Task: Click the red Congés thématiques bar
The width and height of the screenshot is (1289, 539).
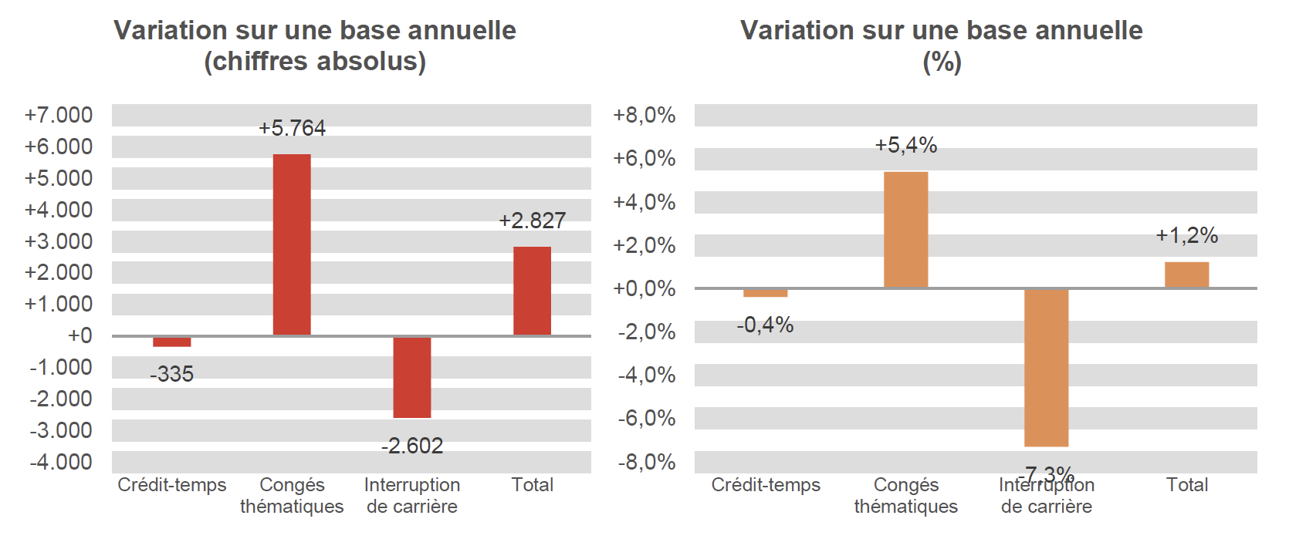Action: (x=292, y=244)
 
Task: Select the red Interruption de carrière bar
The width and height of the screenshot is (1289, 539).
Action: (x=412, y=377)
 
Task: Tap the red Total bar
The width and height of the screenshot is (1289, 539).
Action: (x=532, y=291)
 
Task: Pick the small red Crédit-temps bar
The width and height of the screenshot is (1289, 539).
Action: (x=172, y=342)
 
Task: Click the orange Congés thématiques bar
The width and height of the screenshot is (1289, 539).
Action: (x=905, y=230)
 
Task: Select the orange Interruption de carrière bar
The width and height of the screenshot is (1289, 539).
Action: (x=1046, y=368)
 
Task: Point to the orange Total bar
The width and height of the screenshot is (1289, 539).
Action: (x=1186, y=275)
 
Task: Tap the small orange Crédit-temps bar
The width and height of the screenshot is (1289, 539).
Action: (x=765, y=293)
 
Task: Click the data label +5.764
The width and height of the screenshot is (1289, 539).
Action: (x=292, y=128)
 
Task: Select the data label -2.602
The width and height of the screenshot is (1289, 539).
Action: (x=412, y=446)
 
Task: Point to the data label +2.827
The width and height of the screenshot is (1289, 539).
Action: (x=532, y=221)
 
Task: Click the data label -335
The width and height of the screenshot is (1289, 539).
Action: (x=172, y=374)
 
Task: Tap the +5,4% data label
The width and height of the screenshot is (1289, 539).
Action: (x=905, y=145)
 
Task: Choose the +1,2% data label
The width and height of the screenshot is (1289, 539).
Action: (x=1186, y=235)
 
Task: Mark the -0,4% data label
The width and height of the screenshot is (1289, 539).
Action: (x=765, y=325)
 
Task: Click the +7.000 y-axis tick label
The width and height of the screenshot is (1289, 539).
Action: (x=59, y=115)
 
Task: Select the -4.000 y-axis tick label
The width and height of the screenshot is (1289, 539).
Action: (x=61, y=462)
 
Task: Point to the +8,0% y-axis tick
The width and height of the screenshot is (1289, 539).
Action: (x=644, y=115)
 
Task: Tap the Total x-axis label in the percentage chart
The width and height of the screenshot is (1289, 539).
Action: (x=1186, y=485)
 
